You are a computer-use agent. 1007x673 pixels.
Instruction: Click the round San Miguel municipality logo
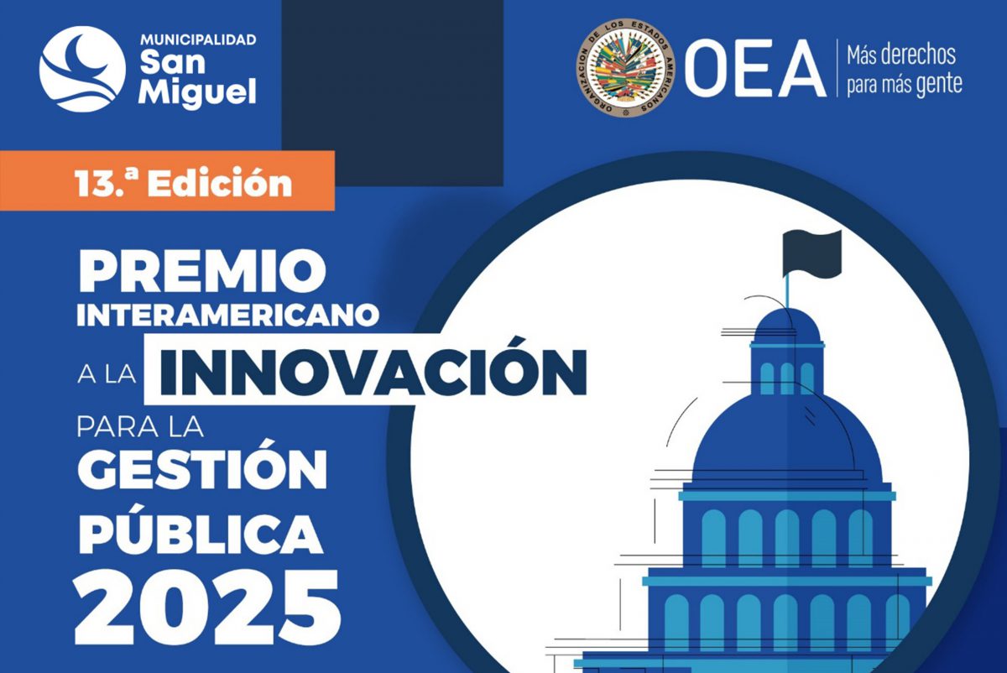[82, 69]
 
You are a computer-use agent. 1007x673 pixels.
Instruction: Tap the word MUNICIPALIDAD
[198, 40]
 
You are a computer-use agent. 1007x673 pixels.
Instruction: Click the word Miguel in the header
[197, 92]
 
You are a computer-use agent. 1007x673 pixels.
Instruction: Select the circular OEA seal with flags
[626, 68]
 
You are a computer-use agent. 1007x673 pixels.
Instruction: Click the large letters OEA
[756, 68]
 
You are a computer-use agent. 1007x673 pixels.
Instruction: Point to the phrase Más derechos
[901, 55]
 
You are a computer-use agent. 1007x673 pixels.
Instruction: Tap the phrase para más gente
[905, 85]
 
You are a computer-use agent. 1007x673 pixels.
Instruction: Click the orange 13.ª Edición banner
[167, 180]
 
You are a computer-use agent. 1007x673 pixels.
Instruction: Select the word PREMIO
[202, 271]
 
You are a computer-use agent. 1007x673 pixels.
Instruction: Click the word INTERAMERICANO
[228, 316]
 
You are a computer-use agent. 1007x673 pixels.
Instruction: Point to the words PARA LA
[140, 427]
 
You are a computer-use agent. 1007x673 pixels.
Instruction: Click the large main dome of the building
[787, 438]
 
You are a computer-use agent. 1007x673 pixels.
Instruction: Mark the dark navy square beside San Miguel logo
[392, 92]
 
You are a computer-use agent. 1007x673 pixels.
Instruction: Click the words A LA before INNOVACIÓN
[107, 374]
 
